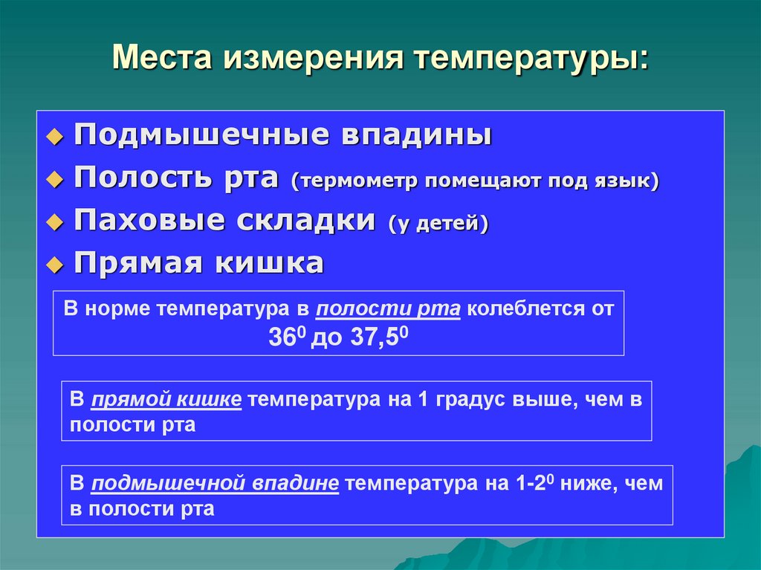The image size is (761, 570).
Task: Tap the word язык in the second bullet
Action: coord(626,181)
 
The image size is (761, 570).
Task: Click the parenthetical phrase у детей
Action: coord(437,224)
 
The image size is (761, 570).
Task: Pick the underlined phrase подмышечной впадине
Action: coord(216,484)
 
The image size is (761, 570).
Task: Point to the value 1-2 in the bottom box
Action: coord(533,484)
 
